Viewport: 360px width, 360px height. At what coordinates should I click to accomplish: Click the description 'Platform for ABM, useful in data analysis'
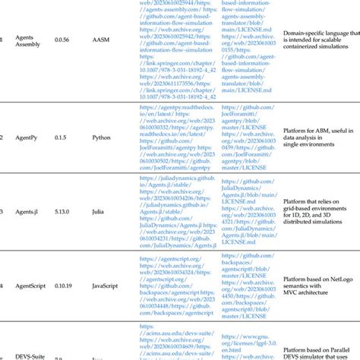click(318, 137)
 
